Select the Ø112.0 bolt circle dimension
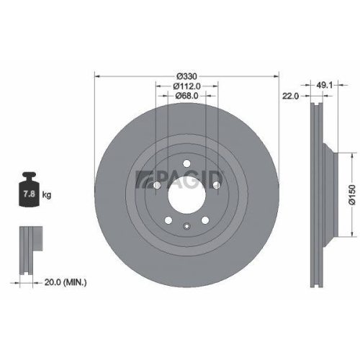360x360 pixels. coord(186,86)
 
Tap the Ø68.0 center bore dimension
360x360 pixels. coord(186,96)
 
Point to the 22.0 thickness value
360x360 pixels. coord(291,94)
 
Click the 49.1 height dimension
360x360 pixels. coord(324,84)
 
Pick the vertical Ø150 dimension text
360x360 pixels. coord(351,194)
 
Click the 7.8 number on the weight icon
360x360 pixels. coord(30,194)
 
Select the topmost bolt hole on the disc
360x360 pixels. coord(186,162)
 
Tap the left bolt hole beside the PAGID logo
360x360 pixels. coord(157,185)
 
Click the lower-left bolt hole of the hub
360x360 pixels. coord(168,220)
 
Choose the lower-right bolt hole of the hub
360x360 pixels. coord(205,220)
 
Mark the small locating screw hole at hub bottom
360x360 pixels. coord(186,229)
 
